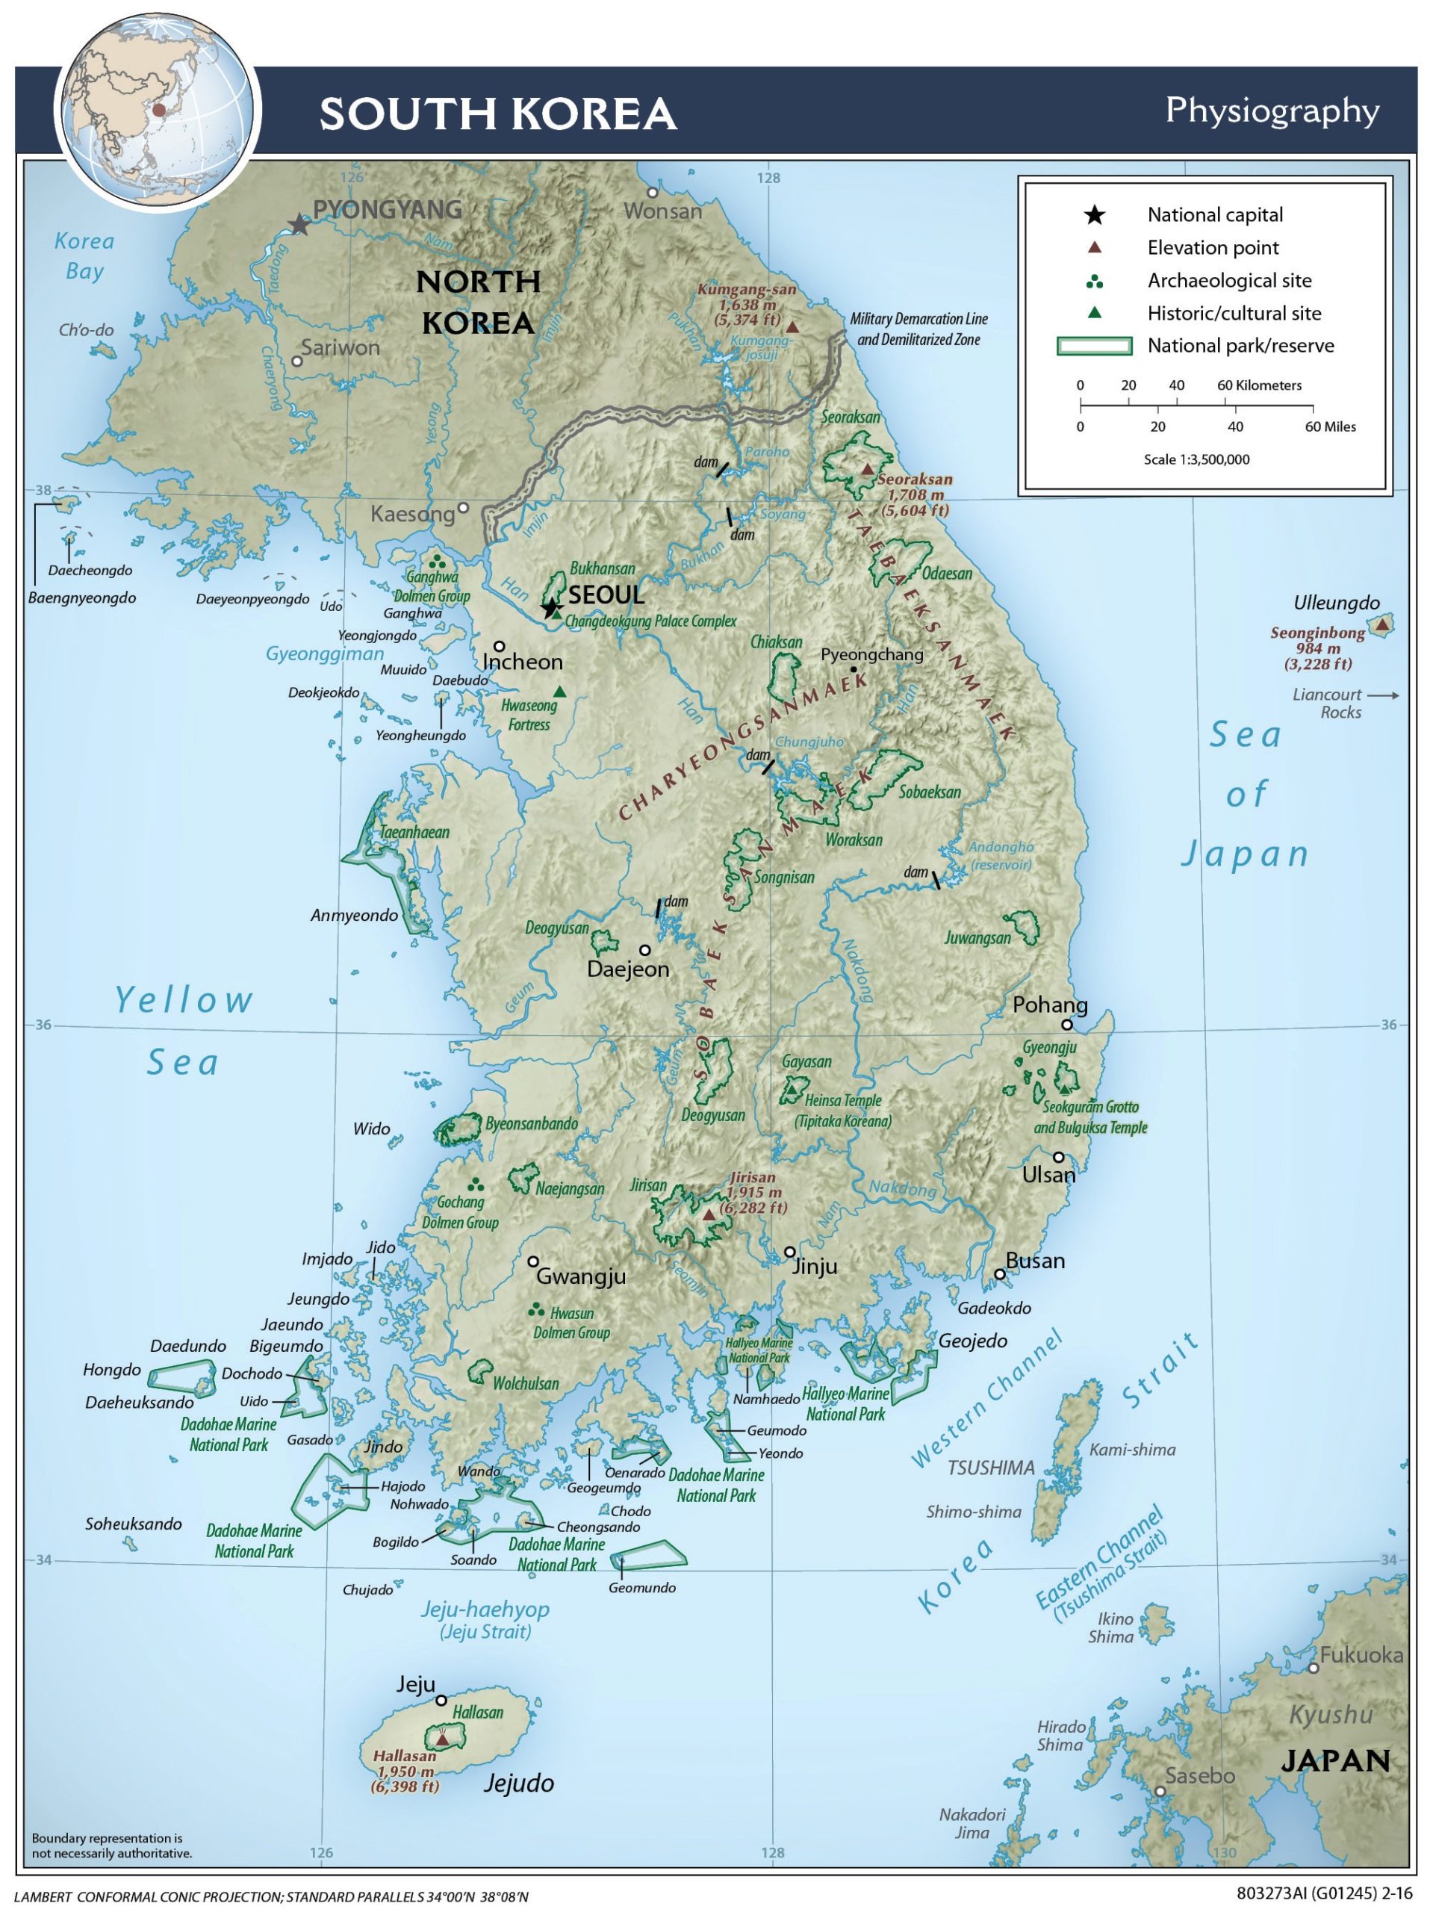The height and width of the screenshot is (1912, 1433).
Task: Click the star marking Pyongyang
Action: point(299,225)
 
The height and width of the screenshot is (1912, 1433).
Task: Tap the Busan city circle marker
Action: point(999,1274)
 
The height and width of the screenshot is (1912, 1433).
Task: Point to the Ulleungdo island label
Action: point(1336,603)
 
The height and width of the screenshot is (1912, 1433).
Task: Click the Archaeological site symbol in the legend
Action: point(1094,282)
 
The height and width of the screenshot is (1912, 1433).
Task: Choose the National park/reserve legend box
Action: point(1094,346)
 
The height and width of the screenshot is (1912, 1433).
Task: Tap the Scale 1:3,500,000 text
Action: point(1196,460)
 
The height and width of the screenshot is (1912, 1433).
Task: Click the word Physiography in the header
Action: point(1272,111)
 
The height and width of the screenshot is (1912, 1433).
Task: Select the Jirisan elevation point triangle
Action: point(709,1214)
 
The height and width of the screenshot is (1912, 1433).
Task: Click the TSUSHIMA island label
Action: point(990,1468)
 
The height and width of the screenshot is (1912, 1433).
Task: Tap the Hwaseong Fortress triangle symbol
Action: point(559,692)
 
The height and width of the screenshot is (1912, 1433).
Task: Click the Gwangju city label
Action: point(581,1276)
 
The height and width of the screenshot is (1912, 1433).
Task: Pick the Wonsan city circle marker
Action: point(653,192)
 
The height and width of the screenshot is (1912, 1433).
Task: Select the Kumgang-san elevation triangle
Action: point(792,326)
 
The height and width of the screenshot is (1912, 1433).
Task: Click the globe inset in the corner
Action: point(158,110)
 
